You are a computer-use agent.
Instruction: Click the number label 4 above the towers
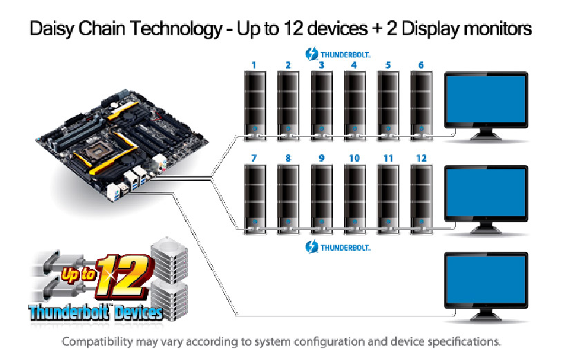[x=354, y=66]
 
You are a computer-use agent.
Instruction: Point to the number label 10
[x=354, y=158]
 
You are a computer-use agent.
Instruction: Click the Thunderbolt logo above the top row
[x=338, y=53]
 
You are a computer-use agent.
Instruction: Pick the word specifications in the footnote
[x=463, y=342]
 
